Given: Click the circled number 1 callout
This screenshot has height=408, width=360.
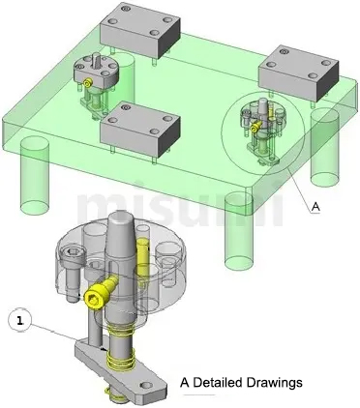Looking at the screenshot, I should click(21, 317).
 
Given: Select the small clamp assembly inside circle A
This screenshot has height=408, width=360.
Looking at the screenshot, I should click(259, 128).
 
